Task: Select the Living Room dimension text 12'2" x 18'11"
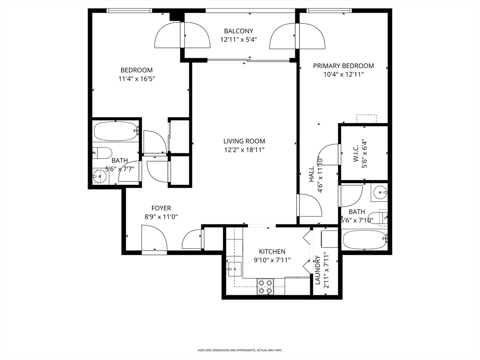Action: tap(244, 150)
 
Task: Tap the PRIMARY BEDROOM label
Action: tap(343, 66)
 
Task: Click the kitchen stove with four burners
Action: tap(265, 286)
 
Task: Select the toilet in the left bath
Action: tap(102, 153)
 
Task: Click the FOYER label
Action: tap(161, 208)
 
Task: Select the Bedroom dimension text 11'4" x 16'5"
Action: tap(136, 79)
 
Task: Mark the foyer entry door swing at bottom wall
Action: tap(154, 239)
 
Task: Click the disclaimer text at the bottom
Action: tap(240, 350)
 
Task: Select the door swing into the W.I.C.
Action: tap(330, 154)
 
